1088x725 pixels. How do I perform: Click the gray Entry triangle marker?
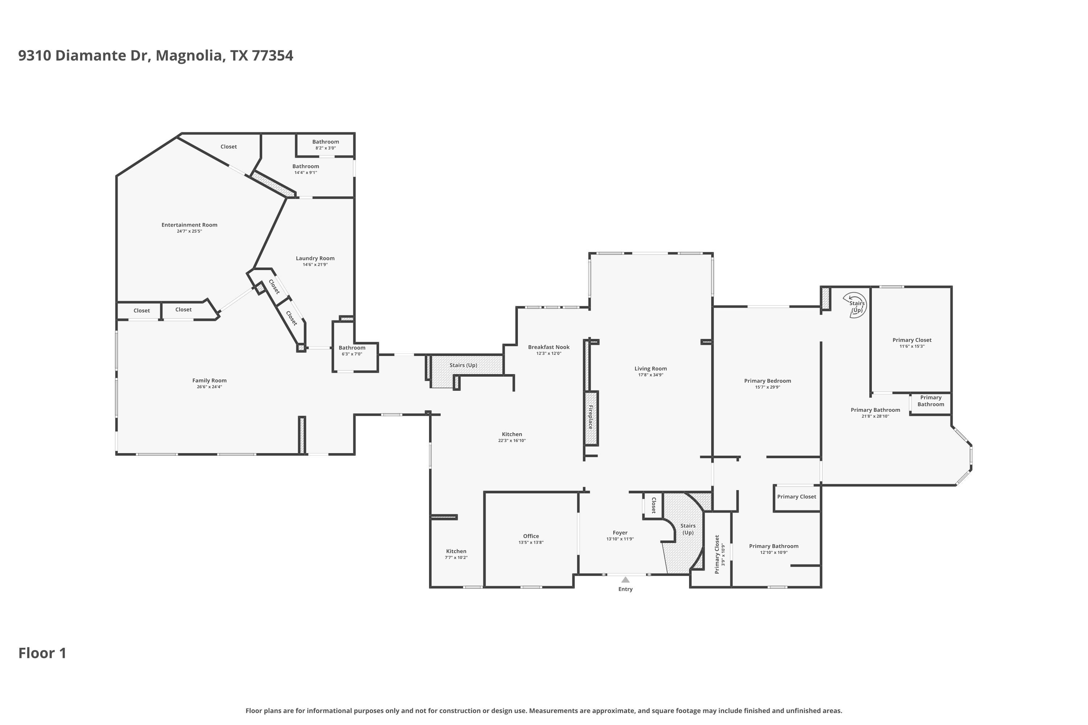[x=625, y=580]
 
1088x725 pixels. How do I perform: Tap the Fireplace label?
[x=591, y=417]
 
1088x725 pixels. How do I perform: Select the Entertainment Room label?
[x=189, y=225]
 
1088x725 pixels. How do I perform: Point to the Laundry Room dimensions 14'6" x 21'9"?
[x=315, y=265]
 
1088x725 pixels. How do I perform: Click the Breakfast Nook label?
[x=549, y=347]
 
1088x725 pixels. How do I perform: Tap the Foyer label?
[x=620, y=533]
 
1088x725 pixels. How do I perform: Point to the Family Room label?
[x=210, y=381]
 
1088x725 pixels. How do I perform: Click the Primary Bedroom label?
[x=767, y=381]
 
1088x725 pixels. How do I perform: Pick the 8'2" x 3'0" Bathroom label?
[x=326, y=145]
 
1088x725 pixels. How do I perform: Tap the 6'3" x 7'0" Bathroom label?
[x=352, y=351]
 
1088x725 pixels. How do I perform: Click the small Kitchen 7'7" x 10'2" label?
[x=456, y=554]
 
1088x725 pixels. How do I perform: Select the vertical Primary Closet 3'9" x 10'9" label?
[x=720, y=554]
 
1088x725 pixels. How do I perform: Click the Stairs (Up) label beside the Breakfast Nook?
[x=463, y=365]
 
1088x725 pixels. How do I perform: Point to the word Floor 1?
[x=42, y=653]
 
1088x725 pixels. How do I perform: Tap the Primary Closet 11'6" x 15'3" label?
[x=912, y=343]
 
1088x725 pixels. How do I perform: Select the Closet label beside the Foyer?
[x=654, y=505]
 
